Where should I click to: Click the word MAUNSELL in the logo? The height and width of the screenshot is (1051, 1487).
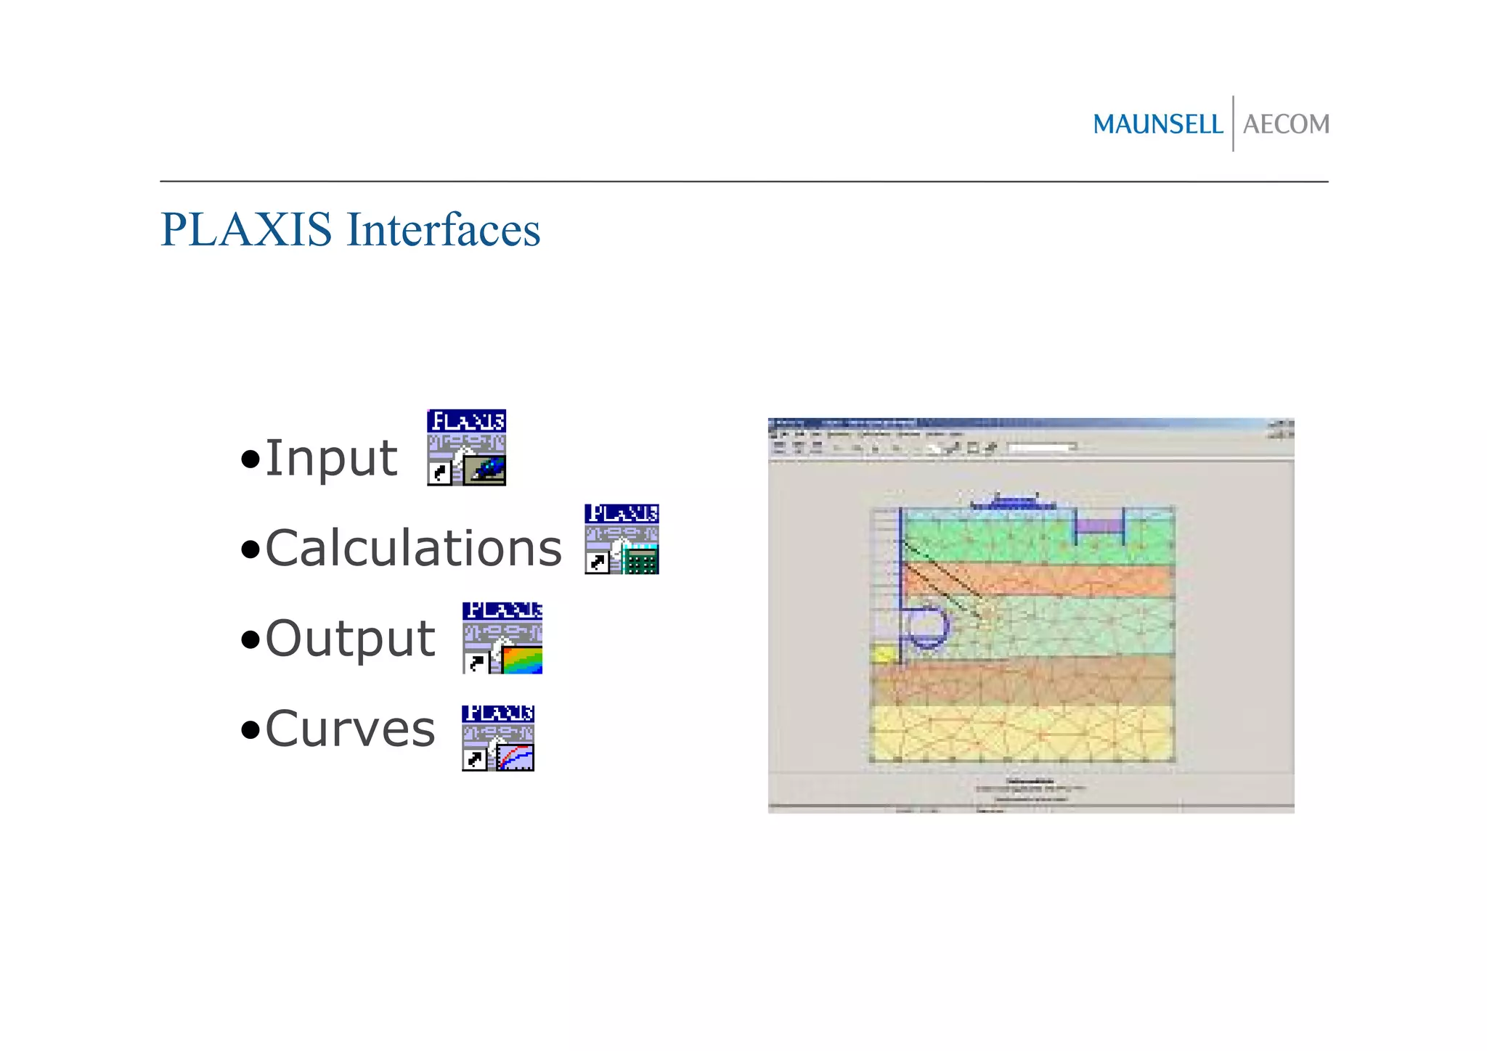(1157, 124)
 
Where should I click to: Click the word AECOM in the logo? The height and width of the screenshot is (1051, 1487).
(1286, 124)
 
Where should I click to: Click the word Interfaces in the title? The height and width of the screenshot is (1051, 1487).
(444, 230)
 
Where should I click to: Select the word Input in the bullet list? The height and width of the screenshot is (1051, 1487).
(331, 459)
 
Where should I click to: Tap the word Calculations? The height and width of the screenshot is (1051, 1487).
(413, 548)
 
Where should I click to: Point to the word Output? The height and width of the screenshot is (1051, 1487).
(350, 639)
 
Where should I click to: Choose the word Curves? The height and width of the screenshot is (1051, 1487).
(350, 729)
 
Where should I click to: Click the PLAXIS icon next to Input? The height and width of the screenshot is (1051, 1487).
(466, 447)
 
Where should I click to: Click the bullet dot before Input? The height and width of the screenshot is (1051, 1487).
(250, 459)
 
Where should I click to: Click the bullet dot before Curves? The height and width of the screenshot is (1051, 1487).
(250, 729)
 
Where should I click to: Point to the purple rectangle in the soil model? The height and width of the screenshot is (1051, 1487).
(1099, 525)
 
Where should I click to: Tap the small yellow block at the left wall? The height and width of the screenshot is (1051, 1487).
(884, 654)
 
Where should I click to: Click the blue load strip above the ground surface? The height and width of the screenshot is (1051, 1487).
(1013, 503)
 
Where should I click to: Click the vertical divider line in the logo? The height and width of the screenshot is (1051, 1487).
(1233, 123)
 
